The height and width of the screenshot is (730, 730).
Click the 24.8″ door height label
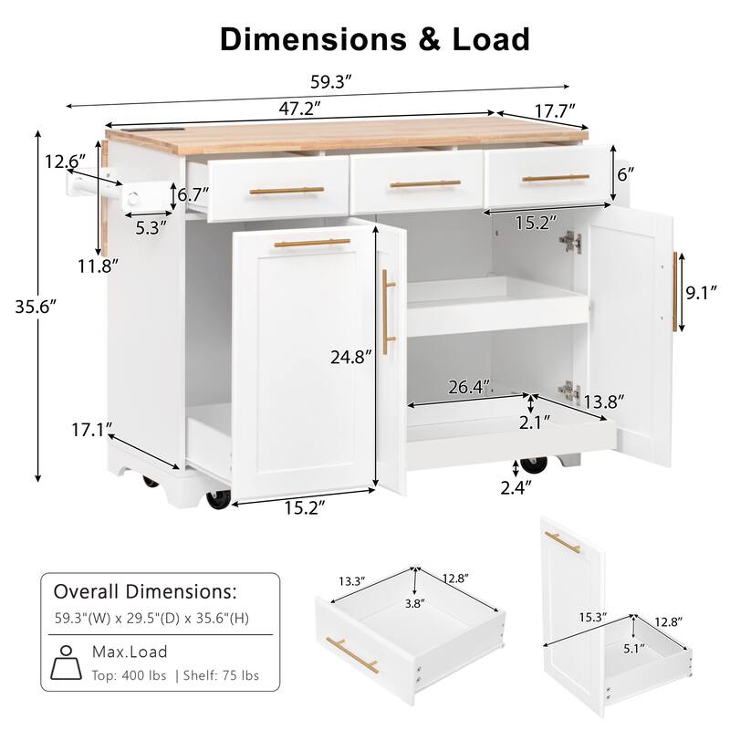click(351, 358)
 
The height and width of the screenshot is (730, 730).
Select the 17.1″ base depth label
click(95, 427)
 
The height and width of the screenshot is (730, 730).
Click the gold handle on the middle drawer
click(425, 185)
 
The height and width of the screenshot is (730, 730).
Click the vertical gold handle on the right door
click(675, 292)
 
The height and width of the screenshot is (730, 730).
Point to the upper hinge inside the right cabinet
click(570, 241)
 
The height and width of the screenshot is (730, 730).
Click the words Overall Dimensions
click(145, 590)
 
